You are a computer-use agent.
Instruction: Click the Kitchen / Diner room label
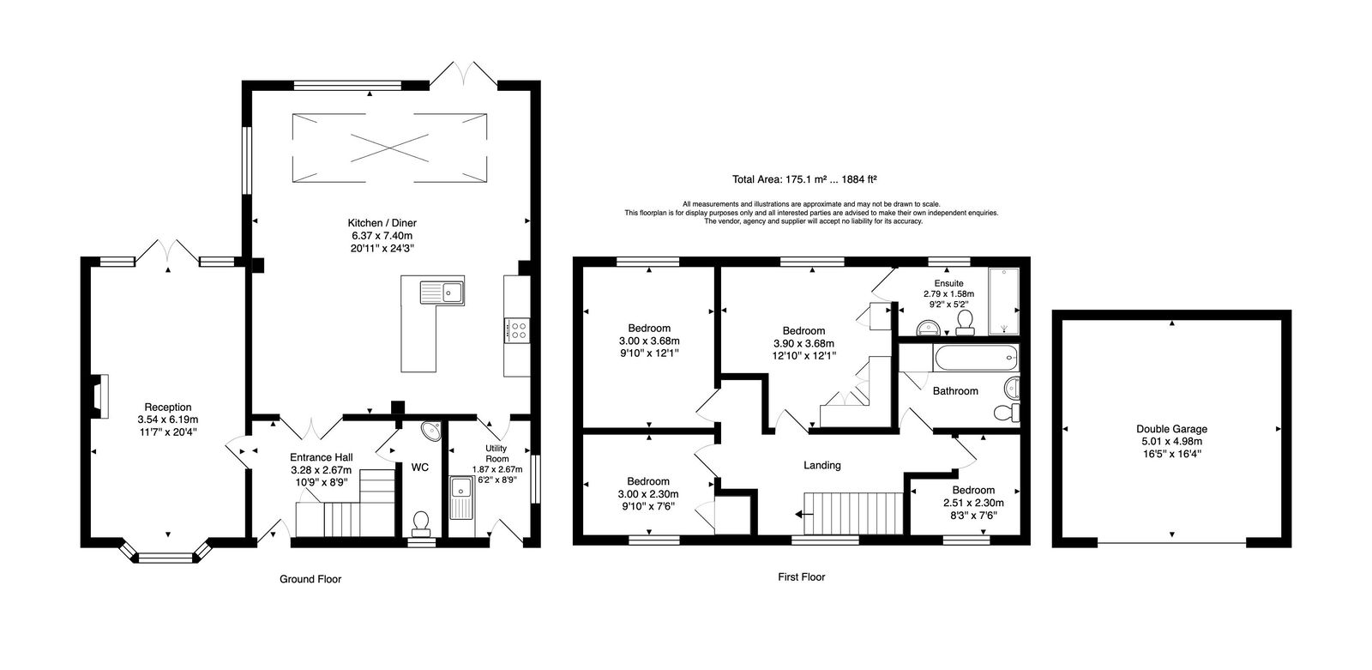[382, 223]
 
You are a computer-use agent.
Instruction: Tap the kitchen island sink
[442, 293]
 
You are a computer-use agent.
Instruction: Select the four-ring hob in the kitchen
[517, 330]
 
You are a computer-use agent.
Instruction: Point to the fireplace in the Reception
[100, 396]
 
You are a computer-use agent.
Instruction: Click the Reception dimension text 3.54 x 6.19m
[168, 420]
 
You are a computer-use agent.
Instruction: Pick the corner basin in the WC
[432, 431]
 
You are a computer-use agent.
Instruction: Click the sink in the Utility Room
[460, 497]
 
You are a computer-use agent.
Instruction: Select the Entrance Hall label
[321, 457]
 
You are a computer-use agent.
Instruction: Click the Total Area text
[804, 179]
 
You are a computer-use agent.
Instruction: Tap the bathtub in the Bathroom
[976, 358]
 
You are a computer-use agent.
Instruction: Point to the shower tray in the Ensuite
[1003, 301]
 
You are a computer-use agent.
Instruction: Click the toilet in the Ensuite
[966, 323]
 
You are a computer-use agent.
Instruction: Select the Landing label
[822, 465]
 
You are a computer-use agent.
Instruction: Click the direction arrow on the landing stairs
[800, 515]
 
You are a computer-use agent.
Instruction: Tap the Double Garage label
[1171, 429]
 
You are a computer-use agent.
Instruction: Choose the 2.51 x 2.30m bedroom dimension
[973, 503]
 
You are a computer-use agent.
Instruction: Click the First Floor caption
[801, 576]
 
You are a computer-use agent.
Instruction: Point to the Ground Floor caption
[310, 579]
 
